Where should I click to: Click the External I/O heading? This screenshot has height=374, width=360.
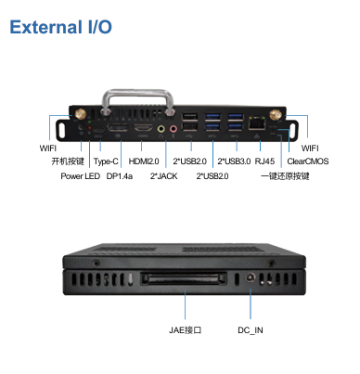(x=60, y=27)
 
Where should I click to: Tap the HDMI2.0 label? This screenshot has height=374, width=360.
(x=144, y=161)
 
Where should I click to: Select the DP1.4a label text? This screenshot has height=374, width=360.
(x=120, y=176)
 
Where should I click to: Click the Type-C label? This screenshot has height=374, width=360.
(x=106, y=161)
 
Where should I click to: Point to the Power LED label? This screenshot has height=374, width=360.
(x=80, y=176)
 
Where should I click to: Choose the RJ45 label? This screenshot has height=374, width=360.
(x=264, y=161)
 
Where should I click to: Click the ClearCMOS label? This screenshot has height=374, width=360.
(x=308, y=161)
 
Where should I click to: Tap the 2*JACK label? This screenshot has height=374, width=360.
(x=163, y=176)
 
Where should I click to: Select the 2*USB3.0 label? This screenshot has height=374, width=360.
(x=234, y=161)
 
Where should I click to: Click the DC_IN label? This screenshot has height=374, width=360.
(x=251, y=330)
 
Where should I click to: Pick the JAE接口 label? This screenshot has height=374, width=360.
(x=185, y=330)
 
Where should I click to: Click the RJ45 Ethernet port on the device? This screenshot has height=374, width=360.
(x=256, y=123)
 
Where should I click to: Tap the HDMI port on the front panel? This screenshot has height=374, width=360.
(x=143, y=127)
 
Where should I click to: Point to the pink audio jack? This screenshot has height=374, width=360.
(x=174, y=128)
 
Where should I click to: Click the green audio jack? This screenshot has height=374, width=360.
(x=161, y=128)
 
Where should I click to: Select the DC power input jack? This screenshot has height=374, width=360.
(x=251, y=277)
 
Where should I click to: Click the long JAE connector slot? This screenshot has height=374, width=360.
(x=184, y=279)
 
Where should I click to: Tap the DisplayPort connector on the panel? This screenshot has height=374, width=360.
(x=117, y=127)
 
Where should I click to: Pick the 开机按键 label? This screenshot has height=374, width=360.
(x=68, y=161)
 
